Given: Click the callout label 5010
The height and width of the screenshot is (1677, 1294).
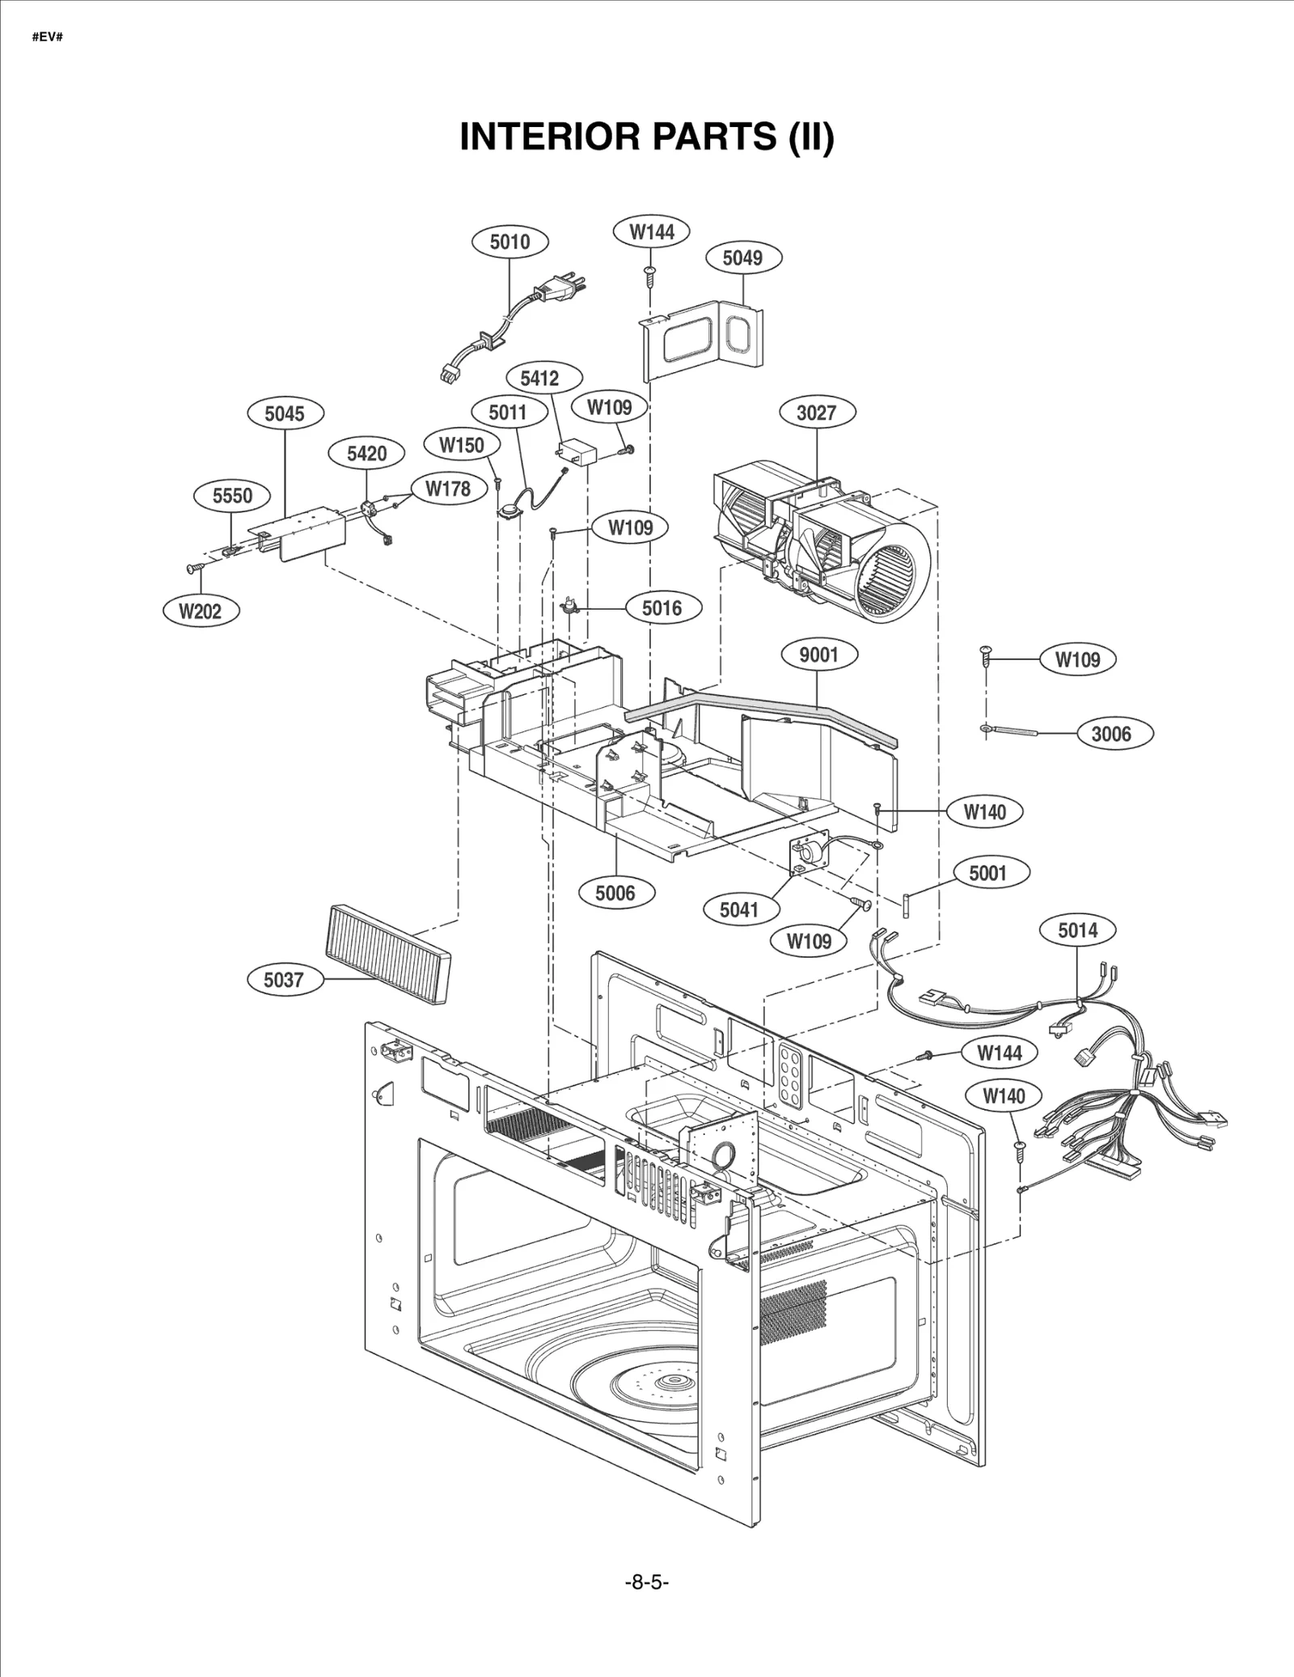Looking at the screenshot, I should tap(510, 241).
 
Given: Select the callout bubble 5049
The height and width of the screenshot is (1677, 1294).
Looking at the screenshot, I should tap(742, 258).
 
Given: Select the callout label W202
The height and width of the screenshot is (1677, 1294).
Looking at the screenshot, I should tap(200, 611).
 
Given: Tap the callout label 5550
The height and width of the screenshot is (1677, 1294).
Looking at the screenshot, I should tap(232, 495).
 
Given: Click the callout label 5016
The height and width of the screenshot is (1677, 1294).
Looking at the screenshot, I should tap(662, 608).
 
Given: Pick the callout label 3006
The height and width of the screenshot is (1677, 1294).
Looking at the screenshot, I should tap(1111, 734).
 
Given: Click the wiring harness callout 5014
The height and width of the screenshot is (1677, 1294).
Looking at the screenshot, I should tap(1077, 930).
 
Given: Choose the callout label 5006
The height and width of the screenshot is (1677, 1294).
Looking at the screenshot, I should tap(615, 893).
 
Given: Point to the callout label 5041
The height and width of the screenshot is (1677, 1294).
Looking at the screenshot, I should tap(738, 909).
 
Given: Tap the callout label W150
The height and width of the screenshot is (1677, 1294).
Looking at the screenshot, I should tap(462, 445).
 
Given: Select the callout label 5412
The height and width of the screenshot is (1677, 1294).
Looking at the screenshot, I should tap(539, 378).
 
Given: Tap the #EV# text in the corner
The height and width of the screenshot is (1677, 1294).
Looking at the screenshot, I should tap(48, 37).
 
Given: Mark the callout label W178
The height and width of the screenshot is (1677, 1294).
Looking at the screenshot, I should tap(447, 488).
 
